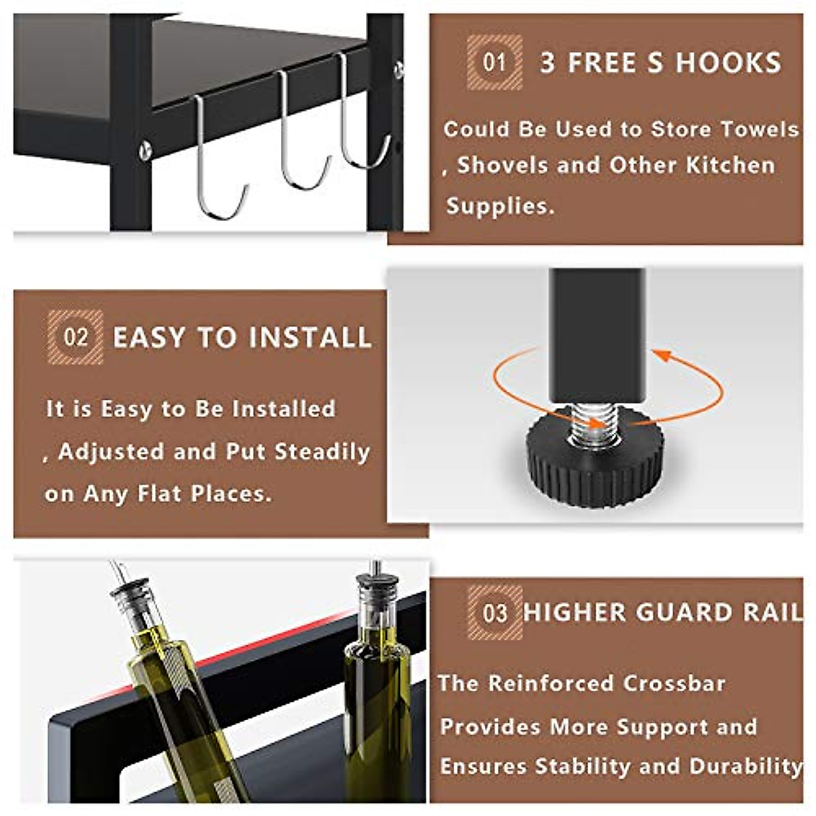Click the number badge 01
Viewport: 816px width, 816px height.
tap(494, 63)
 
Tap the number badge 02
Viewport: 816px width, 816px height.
tap(75, 337)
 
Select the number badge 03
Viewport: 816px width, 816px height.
tap(494, 613)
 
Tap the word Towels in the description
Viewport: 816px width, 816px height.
tap(759, 129)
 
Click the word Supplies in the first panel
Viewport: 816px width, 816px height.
tap(498, 205)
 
